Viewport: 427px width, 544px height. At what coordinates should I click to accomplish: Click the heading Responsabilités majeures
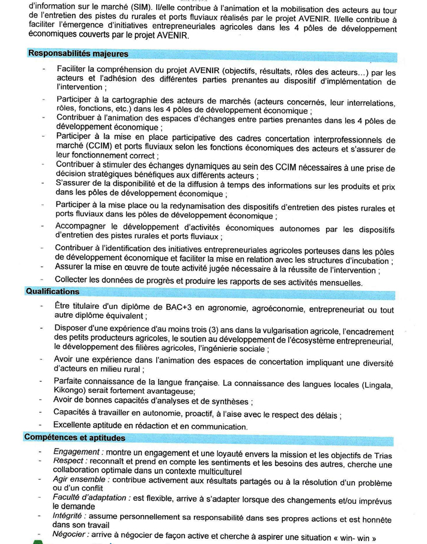click(x=78, y=54)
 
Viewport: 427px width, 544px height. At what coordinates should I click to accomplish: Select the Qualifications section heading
click(x=52, y=291)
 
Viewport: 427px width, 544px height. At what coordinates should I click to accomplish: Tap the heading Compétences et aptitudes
click(x=75, y=438)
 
